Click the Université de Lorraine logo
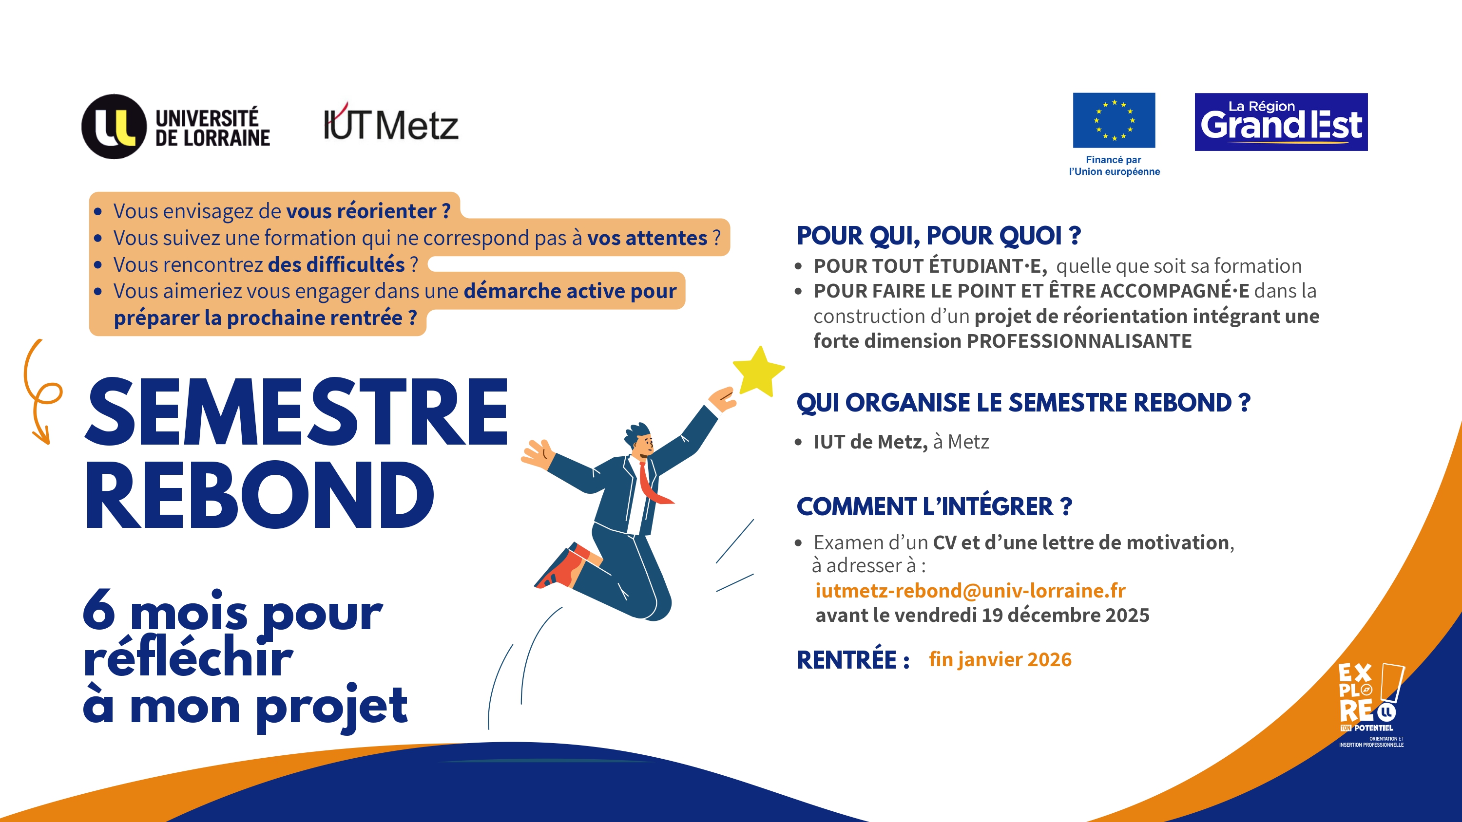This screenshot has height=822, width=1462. coord(176,127)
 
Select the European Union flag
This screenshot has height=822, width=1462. coord(1114,120)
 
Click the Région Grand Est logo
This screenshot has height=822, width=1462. coord(1281,122)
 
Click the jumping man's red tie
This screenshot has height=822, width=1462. coord(653,485)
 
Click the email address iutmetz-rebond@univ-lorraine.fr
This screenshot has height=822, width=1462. coord(970,591)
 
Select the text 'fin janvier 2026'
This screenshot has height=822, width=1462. coord(1000,659)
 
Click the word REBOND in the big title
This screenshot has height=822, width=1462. coord(260,495)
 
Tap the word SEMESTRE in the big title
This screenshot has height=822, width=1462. coord(296,411)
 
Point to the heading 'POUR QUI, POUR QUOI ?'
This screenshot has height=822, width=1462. coord(939,235)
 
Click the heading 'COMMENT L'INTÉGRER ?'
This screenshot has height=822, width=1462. coord(934,506)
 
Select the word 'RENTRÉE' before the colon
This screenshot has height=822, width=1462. coord(846,660)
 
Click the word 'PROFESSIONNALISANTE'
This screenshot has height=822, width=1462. coord(1079,341)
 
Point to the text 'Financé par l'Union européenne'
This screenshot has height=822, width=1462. coord(1114,166)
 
